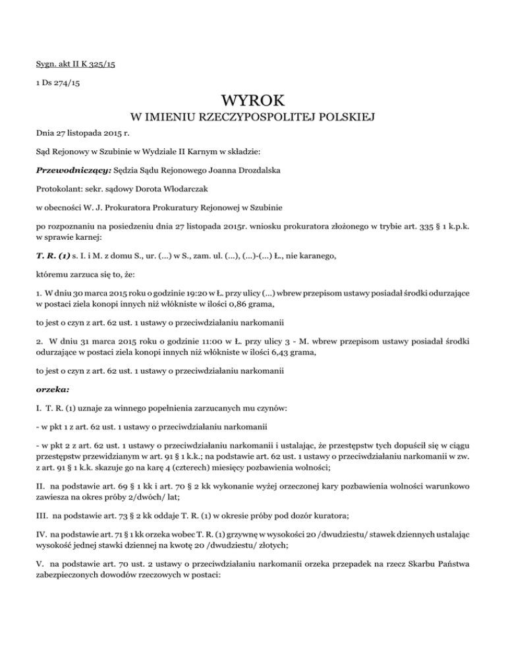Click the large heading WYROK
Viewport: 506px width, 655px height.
(x=253, y=101)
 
